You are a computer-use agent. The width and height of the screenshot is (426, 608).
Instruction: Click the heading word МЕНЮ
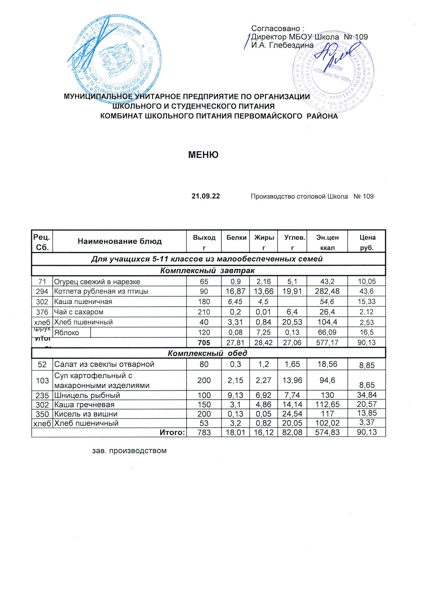coord(203,155)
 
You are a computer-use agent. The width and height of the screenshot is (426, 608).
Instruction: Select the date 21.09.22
coord(206,196)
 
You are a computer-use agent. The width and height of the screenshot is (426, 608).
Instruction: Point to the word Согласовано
coord(277,29)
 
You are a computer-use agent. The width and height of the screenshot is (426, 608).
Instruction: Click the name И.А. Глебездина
coord(282,45)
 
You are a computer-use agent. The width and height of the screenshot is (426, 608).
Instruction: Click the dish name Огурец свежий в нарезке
coord(97,282)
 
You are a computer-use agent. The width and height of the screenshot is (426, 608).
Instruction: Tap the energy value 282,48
coord(327,291)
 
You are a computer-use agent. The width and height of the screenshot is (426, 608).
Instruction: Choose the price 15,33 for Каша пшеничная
coord(367,302)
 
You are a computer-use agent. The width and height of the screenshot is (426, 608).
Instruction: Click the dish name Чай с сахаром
coord(79,312)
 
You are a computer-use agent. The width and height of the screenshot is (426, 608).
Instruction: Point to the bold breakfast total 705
coord(204,342)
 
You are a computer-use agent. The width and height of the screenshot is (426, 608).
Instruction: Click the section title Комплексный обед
coord(207,353)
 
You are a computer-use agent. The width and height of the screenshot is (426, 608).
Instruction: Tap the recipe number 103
coord(42,380)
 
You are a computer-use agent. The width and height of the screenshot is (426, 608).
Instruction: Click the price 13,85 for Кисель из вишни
coord(367,413)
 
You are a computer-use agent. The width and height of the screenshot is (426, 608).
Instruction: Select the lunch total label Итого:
coord(172,432)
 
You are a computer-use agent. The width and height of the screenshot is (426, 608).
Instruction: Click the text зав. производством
coord(129,451)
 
